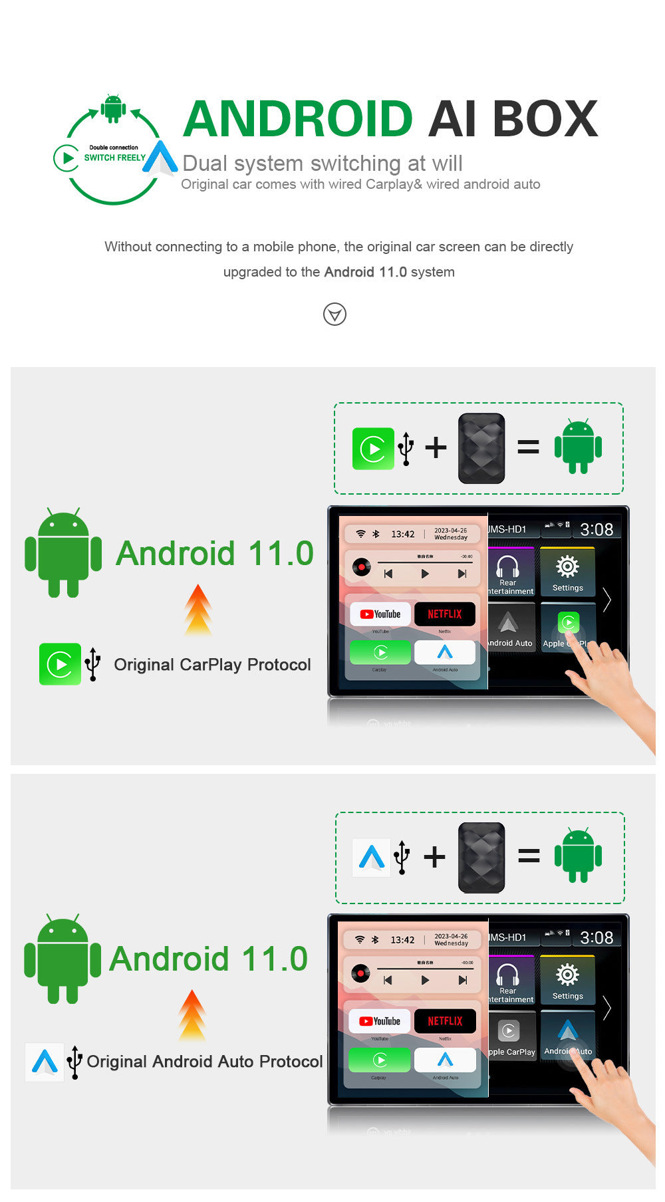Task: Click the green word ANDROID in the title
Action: [x=298, y=119]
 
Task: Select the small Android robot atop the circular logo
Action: [x=113, y=108]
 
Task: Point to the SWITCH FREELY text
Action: [x=114, y=158]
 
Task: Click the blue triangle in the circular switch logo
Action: [x=160, y=158]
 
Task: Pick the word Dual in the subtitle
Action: [x=205, y=164]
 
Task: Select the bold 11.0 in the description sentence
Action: [x=392, y=272]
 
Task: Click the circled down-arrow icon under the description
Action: [x=334, y=314]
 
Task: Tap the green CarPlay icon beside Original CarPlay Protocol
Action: [x=59, y=664]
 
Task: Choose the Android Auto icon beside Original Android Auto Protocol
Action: [x=45, y=1062]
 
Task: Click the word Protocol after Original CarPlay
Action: [x=279, y=665]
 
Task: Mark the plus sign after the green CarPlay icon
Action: [x=436, y=447]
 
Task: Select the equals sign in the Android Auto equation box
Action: [x=529, y=856]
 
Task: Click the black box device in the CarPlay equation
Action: [x=481, y=448]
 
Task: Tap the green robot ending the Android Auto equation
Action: [x=578, y=856]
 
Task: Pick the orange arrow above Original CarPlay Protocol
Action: [x=198, y=609]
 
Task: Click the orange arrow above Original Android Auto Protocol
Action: [x=192, y=1015]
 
